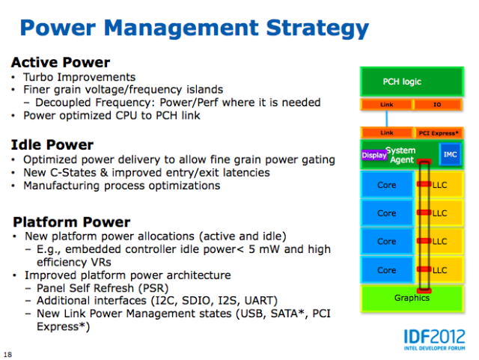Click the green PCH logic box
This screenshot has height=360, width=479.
(x=412, y=82)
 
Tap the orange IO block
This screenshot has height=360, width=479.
(x=437, y=105)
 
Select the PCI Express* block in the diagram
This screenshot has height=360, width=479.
(x=439, y=133)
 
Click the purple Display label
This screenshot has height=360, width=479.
(x=374, y=155)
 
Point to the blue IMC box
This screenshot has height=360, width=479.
(x=451, y=154)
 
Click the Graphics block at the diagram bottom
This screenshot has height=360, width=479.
(x=412, y=299)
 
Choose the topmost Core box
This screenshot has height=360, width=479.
(x=387, y=185)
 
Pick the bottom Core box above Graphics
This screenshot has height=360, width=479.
(x=387, y=270)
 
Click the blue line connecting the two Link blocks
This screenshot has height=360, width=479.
(x=387, y=118)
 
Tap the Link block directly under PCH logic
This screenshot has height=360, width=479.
(x=387, y=105)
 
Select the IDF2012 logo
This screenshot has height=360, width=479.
(x=434, y=339)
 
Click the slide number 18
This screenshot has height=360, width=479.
(x=8, y=355)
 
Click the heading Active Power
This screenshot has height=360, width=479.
(x=61, y=62)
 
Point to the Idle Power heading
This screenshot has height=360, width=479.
(x=52, y=145)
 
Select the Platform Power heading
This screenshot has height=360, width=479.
(x=72, y=222)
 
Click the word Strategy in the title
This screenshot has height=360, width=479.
(x=317, y=28)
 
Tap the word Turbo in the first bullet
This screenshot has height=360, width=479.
(x=38, y=77)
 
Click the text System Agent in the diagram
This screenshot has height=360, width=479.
(x=401, y=155)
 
